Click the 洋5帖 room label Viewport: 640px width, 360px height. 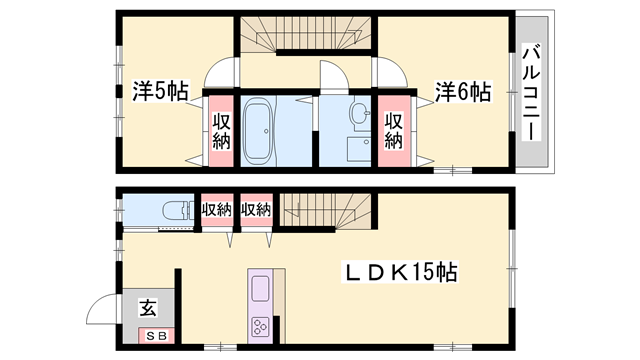[160, 92]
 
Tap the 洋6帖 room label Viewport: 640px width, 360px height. [462, 92]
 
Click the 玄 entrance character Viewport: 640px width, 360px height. [148, 308]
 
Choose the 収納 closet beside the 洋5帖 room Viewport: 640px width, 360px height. [220, 130]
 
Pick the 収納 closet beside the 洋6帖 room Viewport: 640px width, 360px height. [393, 130]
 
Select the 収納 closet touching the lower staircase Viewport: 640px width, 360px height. [256, 210]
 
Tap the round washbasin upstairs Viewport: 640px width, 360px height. [357, 116]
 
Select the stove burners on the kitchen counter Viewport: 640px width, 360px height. [260, 326]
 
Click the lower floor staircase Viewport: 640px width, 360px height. [326, 210]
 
